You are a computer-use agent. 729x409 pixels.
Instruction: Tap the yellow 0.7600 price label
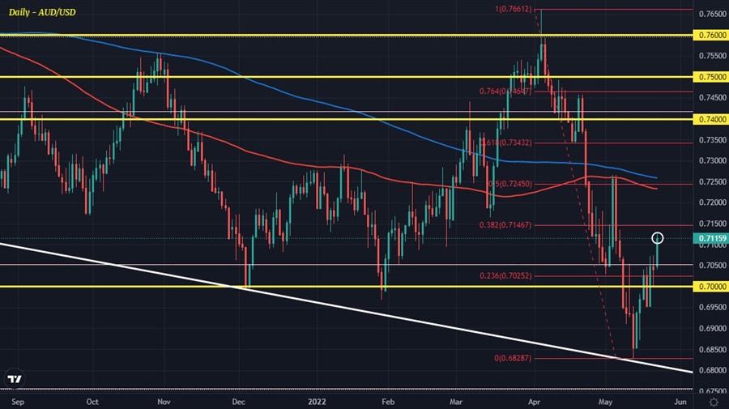pos(710,36)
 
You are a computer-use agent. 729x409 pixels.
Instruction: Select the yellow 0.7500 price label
pos(710,77)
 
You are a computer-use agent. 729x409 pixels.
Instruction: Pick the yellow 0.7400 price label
pos(710,119)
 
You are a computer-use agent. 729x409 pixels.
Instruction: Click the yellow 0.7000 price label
pos(710,287)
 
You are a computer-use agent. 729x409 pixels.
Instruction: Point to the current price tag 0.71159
pos(710,238)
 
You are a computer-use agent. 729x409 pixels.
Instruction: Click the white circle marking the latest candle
pos(658,238)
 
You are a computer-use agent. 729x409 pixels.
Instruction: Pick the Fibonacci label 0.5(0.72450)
pos(510,183)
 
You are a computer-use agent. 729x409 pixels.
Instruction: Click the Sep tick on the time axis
pos(18,400)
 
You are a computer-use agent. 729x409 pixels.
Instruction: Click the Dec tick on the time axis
pos(240,400)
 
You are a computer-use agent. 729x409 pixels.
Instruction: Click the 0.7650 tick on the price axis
pos(710,15)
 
